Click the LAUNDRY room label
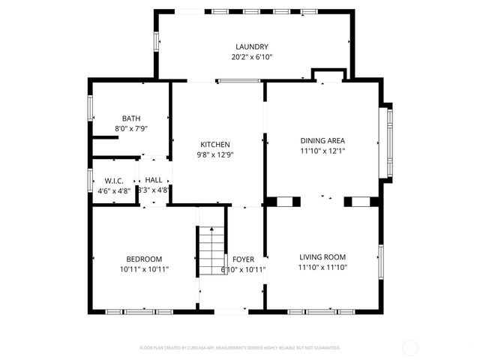[251, 46]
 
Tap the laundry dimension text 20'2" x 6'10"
[251, 57]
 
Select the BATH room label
[131, 118]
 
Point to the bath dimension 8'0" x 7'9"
[131, 129]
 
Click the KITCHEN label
[214, 145]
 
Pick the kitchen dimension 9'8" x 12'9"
[214, 155]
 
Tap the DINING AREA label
[322, 140]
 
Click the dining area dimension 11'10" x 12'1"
[322, 151]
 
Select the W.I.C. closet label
[114, 180]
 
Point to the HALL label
[154, 180]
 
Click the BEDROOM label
[144, 259]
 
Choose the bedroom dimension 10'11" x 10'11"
[144, 269]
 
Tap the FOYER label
[243, 259]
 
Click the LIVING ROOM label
[322, 256]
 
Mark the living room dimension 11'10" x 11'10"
[322, 266]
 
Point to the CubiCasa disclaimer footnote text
[240, 348]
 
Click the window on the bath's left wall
[91, 108]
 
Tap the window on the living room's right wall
[380, 259]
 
